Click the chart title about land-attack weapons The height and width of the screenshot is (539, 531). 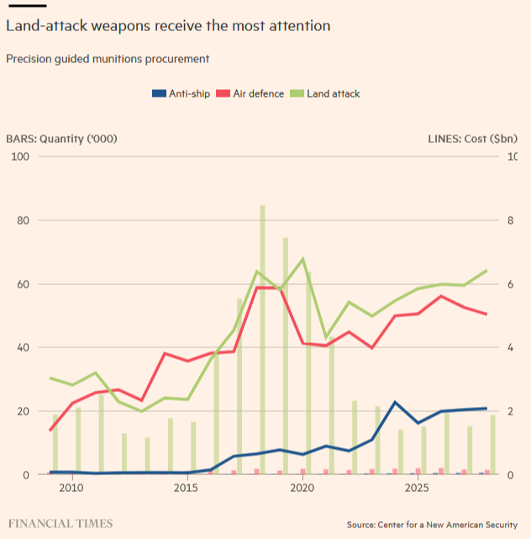168,26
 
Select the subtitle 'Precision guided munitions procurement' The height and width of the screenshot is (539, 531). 108,59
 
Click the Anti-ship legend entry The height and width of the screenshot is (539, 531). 181,93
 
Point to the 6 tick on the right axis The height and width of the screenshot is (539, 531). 512,284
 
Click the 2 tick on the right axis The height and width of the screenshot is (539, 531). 512,411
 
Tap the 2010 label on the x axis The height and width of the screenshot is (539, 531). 71,489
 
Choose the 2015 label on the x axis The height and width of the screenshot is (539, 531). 187,489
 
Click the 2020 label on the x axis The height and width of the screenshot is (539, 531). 302,489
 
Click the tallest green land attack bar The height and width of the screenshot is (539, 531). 263,336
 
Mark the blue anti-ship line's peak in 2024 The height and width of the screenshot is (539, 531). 395,402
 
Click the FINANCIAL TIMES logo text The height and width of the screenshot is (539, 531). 60,524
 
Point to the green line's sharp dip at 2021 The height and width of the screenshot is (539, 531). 326,337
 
